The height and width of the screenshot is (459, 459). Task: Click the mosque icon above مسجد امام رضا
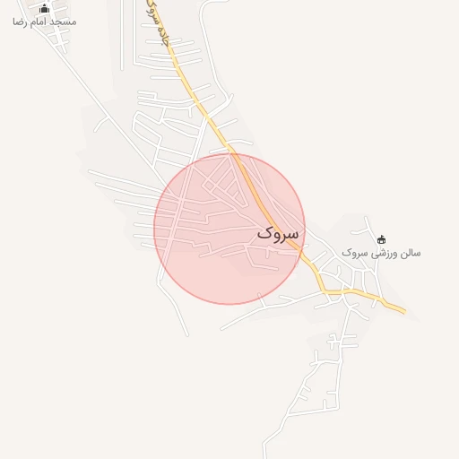click(x=44, y=8)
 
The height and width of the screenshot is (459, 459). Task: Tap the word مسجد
click(x=63, y=21)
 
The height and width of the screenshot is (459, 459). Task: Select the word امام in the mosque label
click(x=39, y=21)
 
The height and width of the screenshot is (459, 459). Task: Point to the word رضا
click(x=20, y=21)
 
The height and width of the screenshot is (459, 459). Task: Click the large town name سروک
click(x=279, y=232)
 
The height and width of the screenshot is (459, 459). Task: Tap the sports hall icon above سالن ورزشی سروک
click(x=382, y=239)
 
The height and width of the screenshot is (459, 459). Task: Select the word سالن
click(x=409, y=253)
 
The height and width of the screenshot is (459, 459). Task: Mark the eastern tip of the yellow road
click(x=405, y=312)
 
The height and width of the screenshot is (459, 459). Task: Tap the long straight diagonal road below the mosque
click(x=108, y=117)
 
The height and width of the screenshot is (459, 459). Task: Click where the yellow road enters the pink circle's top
click(x=234, y=154)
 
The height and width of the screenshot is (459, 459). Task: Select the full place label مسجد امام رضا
click(x=44, y=21)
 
